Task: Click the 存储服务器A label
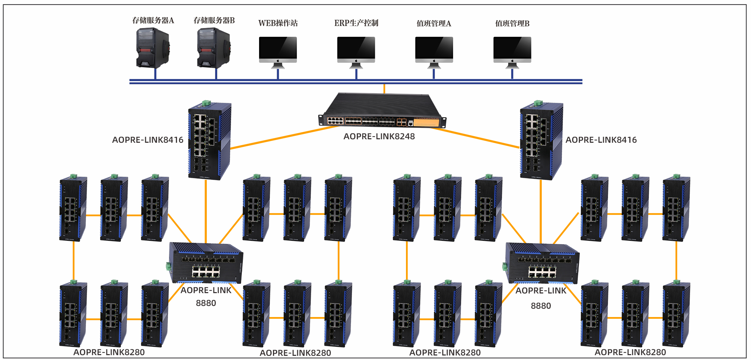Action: (x=153, y=20)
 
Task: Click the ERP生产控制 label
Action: (x=356, y=23)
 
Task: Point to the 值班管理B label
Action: (x=512, y=24)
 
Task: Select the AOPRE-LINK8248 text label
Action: (x=379, y=137)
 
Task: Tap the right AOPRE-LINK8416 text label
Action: (x=601, y=140)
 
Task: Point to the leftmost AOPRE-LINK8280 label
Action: (x=109, y=352)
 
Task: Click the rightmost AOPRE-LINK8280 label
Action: (x=630, y=352)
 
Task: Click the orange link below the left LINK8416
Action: (x=206, y=211)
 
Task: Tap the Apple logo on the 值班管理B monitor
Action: (x=512, y=61)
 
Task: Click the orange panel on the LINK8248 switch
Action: (x=426, y=123)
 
